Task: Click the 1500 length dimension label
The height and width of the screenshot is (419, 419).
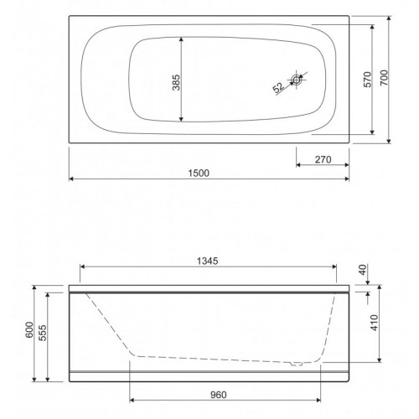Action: pyautogui.click(x=199, y=173)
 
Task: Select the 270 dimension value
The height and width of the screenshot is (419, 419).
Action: pyautogui.click(x=323, y=159)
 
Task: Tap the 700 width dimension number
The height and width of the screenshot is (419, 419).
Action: pyautogui.click(x=385, y=78)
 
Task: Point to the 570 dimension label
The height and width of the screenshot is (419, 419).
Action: pyautogui.click(x=368, y=80)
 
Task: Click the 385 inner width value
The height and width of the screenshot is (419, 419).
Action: pyautogui.click(x=176, y=82)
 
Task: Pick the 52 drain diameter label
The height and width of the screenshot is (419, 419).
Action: pyautogui.click(x=278, y=88)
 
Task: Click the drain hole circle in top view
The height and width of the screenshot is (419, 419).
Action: pyautogui.click(x=296, y=80)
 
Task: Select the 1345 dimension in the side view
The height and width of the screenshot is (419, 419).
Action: pyautogui.click(x=207, y=261)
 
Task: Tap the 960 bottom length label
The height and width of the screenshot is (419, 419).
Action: pyautogui.click(x=219, y=395)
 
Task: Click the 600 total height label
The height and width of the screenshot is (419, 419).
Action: pyautogui.click(x=29, y=330)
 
